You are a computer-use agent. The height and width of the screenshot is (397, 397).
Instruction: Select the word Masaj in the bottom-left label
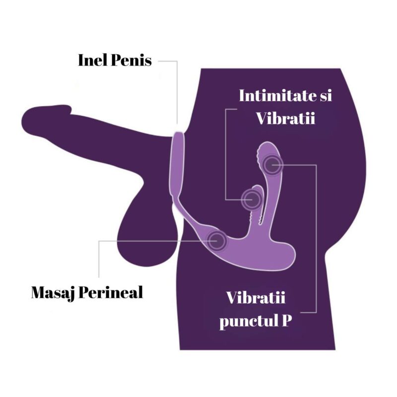point(53,293)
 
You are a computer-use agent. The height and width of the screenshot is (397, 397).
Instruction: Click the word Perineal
point(111,292)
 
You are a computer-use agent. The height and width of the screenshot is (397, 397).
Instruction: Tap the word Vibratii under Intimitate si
point(286,118)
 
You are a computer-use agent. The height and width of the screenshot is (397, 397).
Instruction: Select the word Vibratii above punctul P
point(256,297)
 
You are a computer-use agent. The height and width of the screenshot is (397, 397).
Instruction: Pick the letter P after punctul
point(286,320)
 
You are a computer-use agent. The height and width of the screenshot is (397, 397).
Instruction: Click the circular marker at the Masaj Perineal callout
point(217,241)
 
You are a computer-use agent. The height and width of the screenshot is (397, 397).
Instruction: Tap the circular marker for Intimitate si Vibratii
point(251,199)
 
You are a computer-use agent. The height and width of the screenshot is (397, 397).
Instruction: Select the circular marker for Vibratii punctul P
point(272,165)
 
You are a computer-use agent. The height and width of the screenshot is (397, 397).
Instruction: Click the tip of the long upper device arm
point(268,144)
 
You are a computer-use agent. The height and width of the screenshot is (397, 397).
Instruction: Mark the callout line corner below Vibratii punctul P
point(316,312)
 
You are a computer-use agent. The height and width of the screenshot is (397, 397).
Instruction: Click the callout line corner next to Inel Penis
point(177,61)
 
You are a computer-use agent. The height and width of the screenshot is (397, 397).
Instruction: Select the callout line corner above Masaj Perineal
point(99,241)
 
